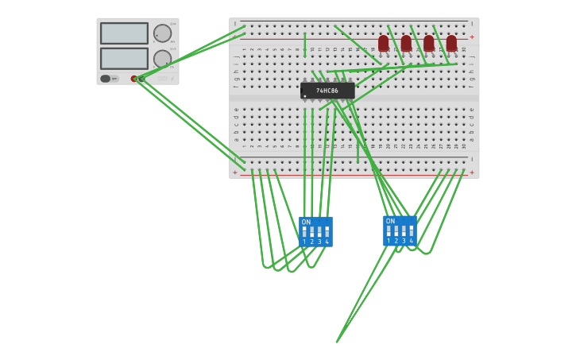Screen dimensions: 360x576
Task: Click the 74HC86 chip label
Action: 327,91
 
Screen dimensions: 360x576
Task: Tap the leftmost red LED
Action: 384,43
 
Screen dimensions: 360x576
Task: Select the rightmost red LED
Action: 451,43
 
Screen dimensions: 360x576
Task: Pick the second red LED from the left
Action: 406,43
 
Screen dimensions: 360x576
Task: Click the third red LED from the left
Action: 429,43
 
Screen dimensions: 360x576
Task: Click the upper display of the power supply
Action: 124,33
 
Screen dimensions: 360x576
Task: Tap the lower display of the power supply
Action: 124,59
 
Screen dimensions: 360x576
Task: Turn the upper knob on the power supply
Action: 162,33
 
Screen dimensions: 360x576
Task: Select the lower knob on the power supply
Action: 162,59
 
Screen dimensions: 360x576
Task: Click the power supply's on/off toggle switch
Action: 106,79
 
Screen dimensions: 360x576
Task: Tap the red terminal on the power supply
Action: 134,79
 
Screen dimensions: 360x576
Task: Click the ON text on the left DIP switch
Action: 306,223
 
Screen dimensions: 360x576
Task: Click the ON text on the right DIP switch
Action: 390,222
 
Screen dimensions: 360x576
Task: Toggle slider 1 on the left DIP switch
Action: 304,231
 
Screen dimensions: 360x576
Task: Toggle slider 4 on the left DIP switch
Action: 327,231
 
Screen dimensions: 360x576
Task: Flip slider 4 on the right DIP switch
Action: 411,230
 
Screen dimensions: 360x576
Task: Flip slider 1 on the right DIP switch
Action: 389,230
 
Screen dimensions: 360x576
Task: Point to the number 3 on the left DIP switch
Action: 319,242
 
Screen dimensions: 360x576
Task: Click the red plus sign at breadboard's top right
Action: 472,37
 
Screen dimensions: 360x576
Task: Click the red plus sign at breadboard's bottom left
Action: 234,172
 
